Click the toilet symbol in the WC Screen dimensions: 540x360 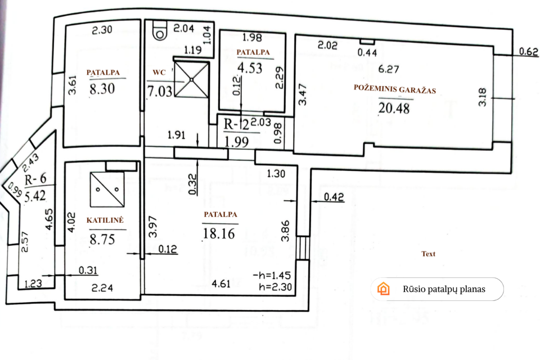pyautogui.click(x=160, y=31)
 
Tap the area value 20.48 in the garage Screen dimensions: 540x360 pyautogui.click(x=394, y=109)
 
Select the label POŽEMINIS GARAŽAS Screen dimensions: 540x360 pyautogui.click(x=395, y=89)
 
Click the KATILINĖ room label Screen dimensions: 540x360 pyautogui.click(x=105, y=220)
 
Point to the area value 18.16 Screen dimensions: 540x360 pyautogui.click(x=219, y=233)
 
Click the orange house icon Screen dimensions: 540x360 pyautogui.click(x=383, y=289)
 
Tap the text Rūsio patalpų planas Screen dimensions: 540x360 pyautogui.click(x=444, y=289)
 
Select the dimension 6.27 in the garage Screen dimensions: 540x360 pyautogui.click(x=389, y=69)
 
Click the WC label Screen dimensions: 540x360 pyautogui.click(x=159, y=73)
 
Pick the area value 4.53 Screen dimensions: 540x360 pyautogui.click(x=250, y=68)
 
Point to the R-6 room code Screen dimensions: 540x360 pyautogui.click(x=35, y=179)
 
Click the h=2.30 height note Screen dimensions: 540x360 pyautogui.click(x=275, y=287)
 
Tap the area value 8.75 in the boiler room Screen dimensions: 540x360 pyautogui.click(x=102, y=239)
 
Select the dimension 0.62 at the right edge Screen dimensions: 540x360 pyautogui.click(x=529, y=51)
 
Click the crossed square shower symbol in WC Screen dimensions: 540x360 pyautogui.click(x=192, y=79)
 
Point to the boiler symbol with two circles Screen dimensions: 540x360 pyautogui.click(x=107, y=190)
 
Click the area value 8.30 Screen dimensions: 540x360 pyautogui.click(x=102, y=88)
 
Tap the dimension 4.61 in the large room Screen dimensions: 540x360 pyautogui.click(x=220, y=284)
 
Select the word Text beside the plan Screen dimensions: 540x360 pyautogui.click(x=429, y=254)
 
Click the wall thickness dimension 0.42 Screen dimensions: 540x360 pyautogui.click(x=334, y=197)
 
